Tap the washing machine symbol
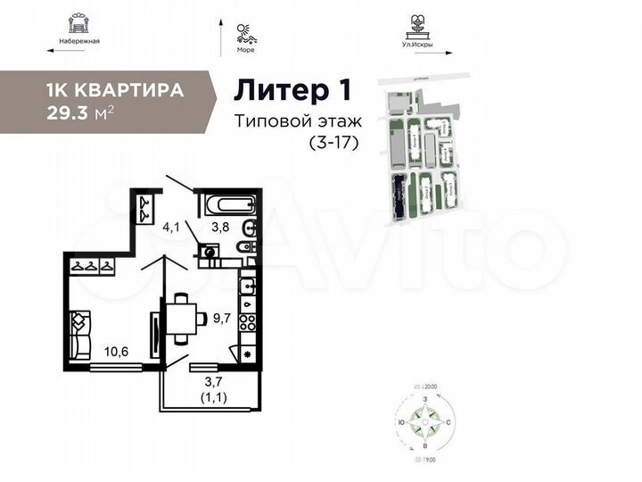tap(211, 252)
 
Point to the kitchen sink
tap(247, 286)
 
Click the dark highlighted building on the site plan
tap(399, 195)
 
